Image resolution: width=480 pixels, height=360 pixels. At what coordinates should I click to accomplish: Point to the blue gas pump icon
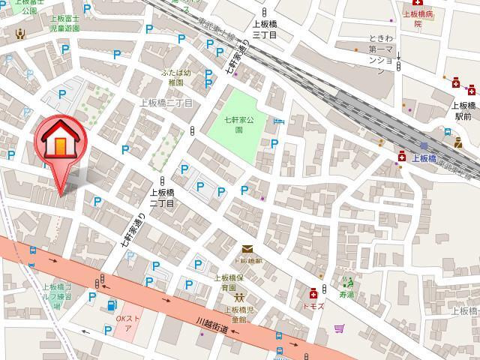(112, 305)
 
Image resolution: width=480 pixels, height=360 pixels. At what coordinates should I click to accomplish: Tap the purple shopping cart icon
(340, 328)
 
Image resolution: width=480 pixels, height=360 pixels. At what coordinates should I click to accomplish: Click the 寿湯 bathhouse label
(346, 295)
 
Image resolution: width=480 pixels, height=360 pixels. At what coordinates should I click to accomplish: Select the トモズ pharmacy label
(313, 305)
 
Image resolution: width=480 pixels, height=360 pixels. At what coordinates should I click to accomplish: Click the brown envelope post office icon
(247, 250)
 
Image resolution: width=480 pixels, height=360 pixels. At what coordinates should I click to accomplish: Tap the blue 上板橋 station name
(423, 158)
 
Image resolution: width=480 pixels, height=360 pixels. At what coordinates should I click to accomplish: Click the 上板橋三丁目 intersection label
(264, 29)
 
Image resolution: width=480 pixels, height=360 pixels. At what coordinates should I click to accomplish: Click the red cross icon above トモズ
(313, 292)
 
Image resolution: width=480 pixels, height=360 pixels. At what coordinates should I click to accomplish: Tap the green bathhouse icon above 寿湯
(346, 283)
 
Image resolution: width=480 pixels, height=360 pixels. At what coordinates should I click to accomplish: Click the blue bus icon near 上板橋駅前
(448, 133)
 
